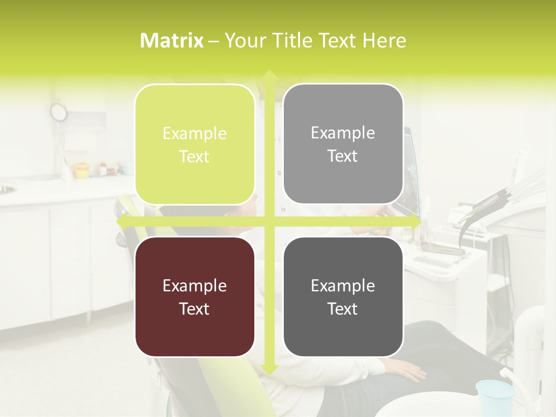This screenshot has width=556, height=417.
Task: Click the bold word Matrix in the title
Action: (172, 41)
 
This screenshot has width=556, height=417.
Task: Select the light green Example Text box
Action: (195, 144)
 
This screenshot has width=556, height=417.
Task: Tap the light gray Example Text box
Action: (343, 144)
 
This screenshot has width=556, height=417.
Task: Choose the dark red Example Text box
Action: (195, 297)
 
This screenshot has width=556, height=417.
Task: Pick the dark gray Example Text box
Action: (343, 297)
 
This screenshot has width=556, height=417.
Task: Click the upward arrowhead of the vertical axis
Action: (268, 75)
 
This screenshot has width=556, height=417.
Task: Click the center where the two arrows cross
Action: (268, 221)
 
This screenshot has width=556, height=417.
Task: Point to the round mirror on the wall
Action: (58, 112)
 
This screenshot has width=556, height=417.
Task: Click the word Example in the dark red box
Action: (195, 286)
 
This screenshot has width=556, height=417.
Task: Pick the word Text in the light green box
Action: (195, 156)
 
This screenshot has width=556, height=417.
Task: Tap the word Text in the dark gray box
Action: (343, 309)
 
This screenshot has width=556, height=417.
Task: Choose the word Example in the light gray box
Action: (343, 133)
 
